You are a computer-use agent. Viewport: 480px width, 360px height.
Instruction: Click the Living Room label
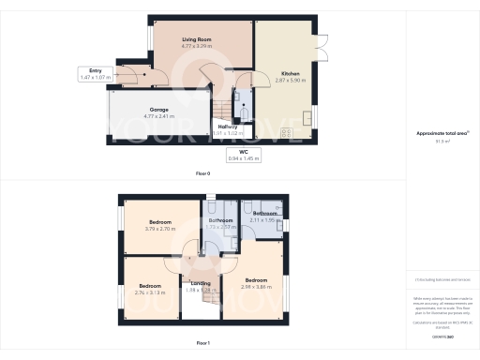(x=196, y=39)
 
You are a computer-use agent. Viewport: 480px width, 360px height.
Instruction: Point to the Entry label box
(x=94, y=73)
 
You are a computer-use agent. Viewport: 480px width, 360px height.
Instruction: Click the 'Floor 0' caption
(x=202, y=174)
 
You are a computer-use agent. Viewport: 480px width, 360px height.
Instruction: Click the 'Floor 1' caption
(x=202, y=344)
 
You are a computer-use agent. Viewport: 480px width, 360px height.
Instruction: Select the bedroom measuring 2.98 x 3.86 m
(x=258, y=283)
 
